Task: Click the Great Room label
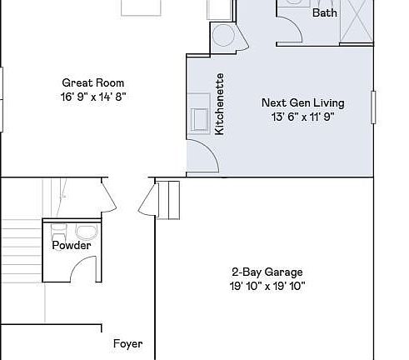click(x=93, y=82)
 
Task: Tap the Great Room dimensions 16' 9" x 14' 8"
click(x=93, y=96)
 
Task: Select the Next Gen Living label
click(x=302, y=102)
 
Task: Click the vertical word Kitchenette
click(x=220, y=104)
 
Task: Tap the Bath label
click(x=324, y=13)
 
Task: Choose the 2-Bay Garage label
click(x=267, y=272)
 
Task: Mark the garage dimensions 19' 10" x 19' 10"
click(x=267, y=286)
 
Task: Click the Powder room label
click(x=72, y=246)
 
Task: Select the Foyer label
click(x=128, y=343)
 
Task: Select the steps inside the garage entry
click(x=169, y=198)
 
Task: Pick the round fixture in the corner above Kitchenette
click(x=223, y=35)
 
